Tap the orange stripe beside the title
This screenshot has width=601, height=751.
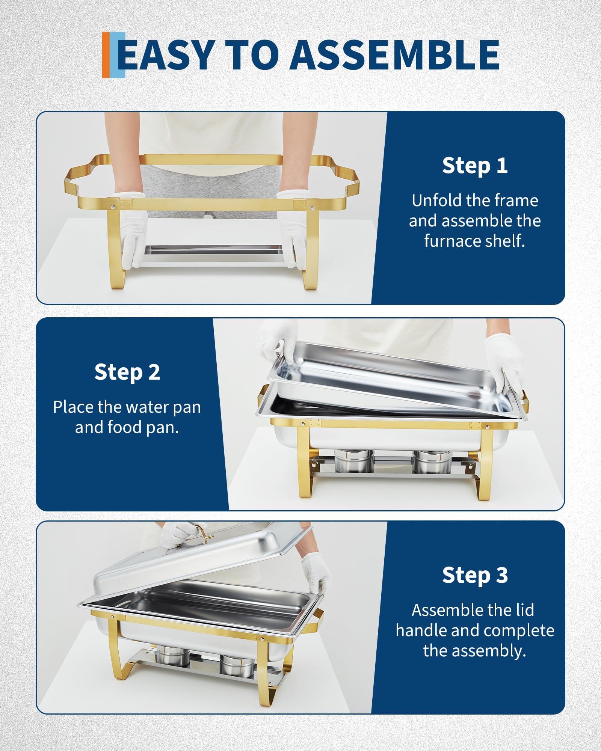(x=106, y=55)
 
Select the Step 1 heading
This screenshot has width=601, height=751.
(x=475, y=166)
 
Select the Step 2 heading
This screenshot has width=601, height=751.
(x=127, y=372)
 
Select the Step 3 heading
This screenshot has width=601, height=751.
(x=475, y=575)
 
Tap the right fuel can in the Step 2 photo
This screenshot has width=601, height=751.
(x=428, y=461)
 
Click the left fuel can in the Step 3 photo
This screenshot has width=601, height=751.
(x=173, y=655)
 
